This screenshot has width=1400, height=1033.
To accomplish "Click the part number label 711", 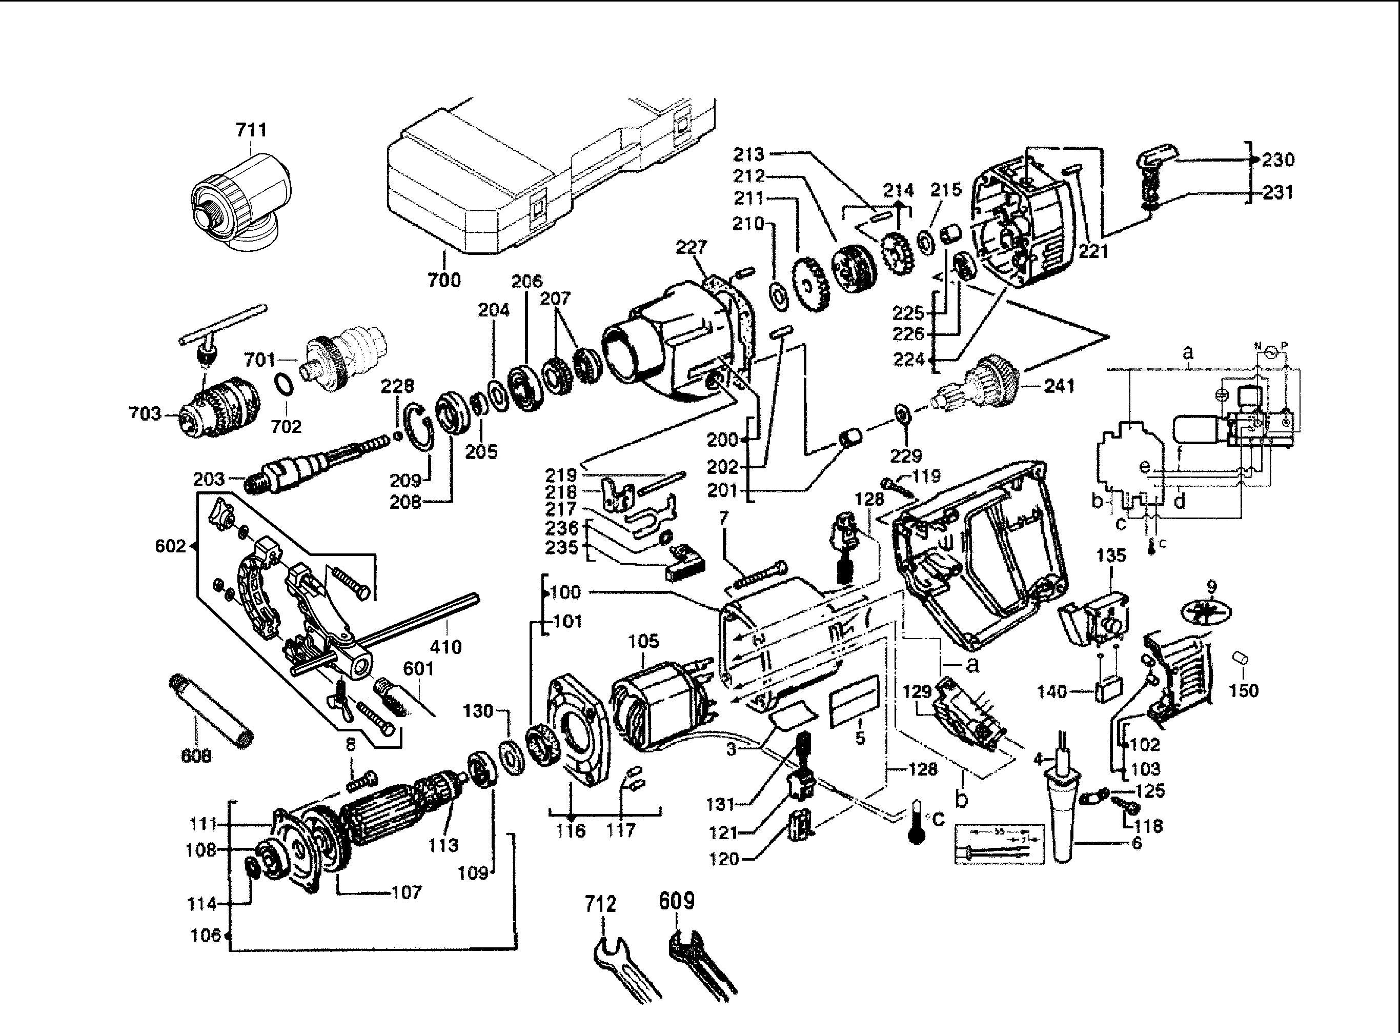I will coord(251,130).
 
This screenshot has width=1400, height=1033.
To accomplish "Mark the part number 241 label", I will coord(1060,386).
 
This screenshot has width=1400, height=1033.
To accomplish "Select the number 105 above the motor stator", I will coord(644,642).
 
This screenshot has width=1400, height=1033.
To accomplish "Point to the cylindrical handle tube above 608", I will coord(210,710).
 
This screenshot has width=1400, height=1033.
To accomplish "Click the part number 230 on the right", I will coord(1277,160).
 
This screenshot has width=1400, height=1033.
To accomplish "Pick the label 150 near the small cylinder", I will coord(1243,690).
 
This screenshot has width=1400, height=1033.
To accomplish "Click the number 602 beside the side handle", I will coord(170,547).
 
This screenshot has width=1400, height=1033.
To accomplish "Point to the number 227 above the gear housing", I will coord(691,248).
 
